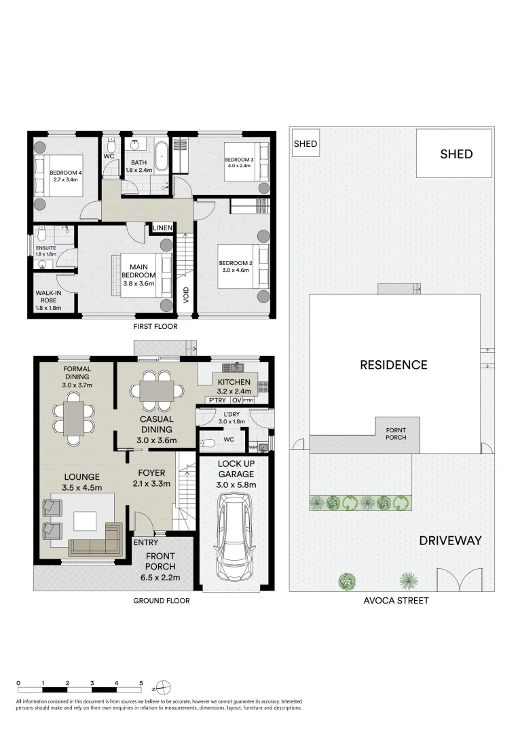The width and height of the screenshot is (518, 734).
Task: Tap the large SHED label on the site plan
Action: click(456, 154)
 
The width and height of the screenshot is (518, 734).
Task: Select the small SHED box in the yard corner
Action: click(305, 144)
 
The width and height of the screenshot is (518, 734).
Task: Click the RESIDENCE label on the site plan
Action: click(394, 365)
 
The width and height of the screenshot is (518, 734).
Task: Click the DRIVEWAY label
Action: click(450, 541)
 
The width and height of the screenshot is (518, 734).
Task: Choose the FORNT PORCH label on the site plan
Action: click(396, 434)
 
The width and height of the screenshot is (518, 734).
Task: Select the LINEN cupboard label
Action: click(162, 228)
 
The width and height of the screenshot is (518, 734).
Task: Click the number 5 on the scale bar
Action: click(141, 682)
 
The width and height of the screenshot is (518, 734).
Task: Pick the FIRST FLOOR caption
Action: click(155, 327)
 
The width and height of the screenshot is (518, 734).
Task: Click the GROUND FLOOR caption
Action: click(161, 601)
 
